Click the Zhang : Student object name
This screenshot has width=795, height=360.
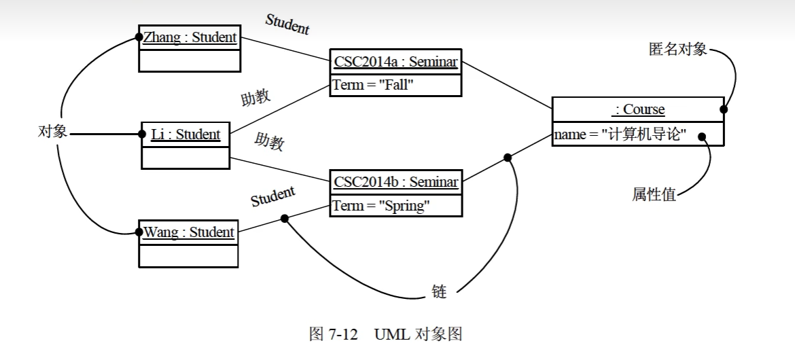190,37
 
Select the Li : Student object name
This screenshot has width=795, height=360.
185,134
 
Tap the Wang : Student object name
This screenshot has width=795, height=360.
188,232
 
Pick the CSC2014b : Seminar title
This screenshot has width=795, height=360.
395,183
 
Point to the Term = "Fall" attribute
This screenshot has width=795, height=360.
373,86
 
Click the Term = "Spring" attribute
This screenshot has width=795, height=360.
381,205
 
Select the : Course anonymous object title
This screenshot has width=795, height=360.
638,109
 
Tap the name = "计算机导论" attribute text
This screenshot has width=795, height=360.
620,134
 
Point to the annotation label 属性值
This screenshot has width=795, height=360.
654,196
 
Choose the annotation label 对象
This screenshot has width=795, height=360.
52,132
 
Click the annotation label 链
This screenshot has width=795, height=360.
439,292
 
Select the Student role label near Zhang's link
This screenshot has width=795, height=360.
287,24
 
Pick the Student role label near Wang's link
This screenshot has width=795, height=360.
273,196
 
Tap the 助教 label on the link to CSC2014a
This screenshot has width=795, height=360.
256,98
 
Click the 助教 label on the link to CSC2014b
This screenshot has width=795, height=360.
269,142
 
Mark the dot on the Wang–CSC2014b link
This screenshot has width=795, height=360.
285,219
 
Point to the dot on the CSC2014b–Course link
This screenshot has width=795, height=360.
508,158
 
